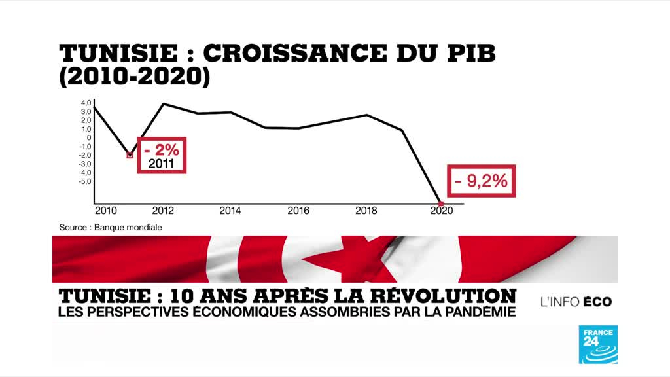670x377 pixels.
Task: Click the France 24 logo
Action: tap(597, 344)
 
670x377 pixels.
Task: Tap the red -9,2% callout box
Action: tap(481, 181)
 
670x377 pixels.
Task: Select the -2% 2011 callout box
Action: tap(162, 155)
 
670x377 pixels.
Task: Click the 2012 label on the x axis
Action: tap(162, 211)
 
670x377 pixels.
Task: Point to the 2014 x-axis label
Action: tap(230, 211)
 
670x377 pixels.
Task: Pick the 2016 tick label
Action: tap(298, 211)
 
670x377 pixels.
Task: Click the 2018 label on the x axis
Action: tap(366, 211)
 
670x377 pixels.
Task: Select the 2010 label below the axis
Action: tap(105, 211)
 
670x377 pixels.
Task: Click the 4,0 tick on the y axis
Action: tap(86, 103)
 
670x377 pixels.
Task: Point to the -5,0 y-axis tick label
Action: tap(84, 181)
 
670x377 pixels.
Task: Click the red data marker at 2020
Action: tap(440, 203)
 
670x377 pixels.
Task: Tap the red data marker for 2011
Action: tap(130, 156)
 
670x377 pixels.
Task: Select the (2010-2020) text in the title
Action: tap(135, 77)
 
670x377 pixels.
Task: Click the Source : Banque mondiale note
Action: tap(110, 228)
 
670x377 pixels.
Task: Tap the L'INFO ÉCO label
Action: tap(576, 302)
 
